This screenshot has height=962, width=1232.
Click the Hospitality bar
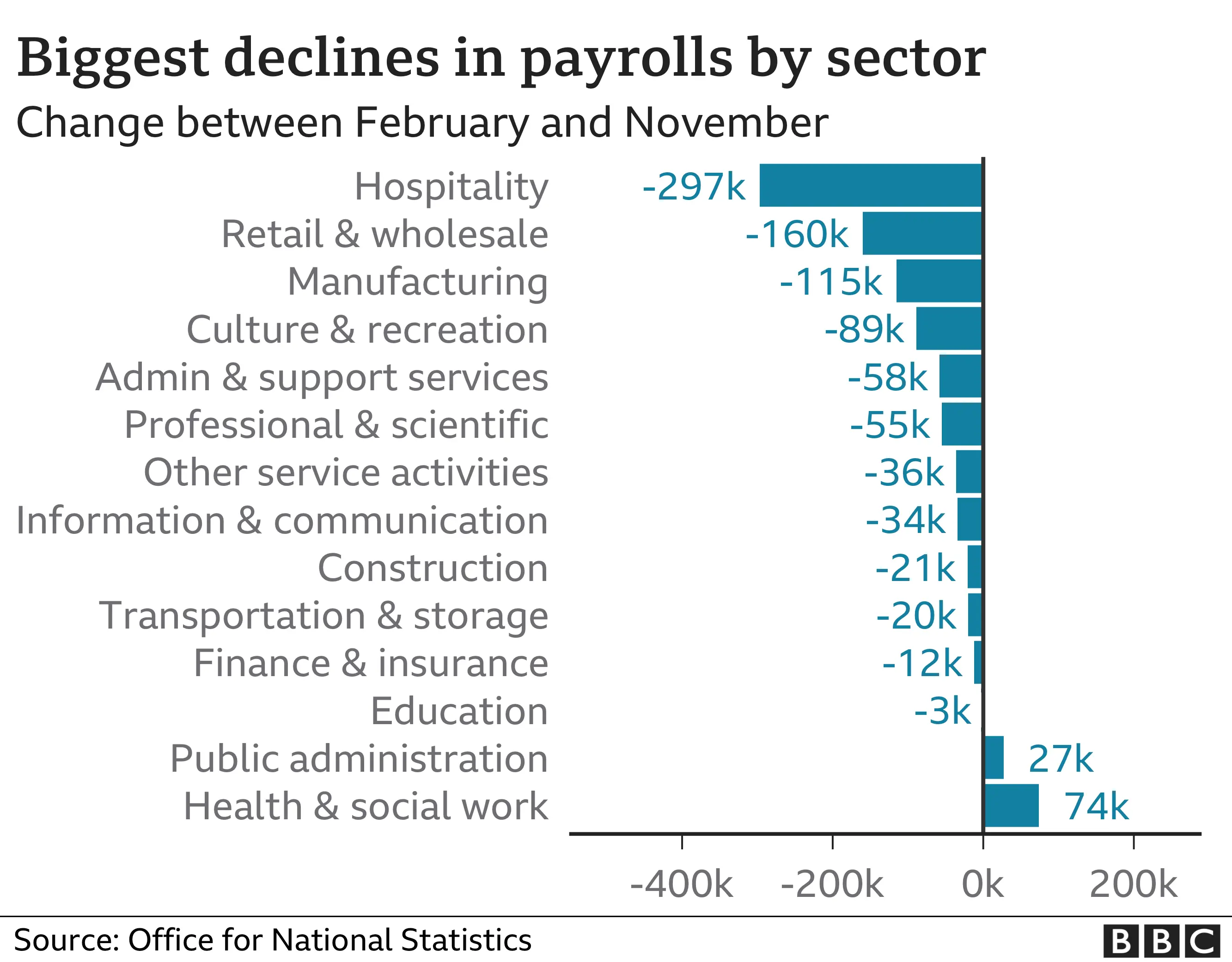[x=871, y=186]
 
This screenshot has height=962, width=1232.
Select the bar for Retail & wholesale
[x=922, y=233]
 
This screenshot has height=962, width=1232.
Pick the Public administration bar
[x=994, y=757]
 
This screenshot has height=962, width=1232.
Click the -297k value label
[x=694, y=187]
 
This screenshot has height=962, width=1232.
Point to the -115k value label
[x=830, y=282]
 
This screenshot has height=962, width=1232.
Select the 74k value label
[x=1096, y=806]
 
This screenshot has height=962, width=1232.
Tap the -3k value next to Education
[x=942, y=711]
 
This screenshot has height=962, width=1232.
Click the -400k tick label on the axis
[x=682, y=884]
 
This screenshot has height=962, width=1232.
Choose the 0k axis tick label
[x=982, y=884]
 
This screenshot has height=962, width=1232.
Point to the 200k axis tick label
[x=1133, y=884]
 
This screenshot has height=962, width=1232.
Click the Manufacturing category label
[x=417, y=282]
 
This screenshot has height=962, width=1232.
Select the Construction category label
[x=433, y=568]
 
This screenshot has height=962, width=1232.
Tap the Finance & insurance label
[x=371, y=663]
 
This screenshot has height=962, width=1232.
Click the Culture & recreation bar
[x=949, y=329]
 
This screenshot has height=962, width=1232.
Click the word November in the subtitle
[x=726, y=122]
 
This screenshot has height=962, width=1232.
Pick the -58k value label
[x=887, y=377]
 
